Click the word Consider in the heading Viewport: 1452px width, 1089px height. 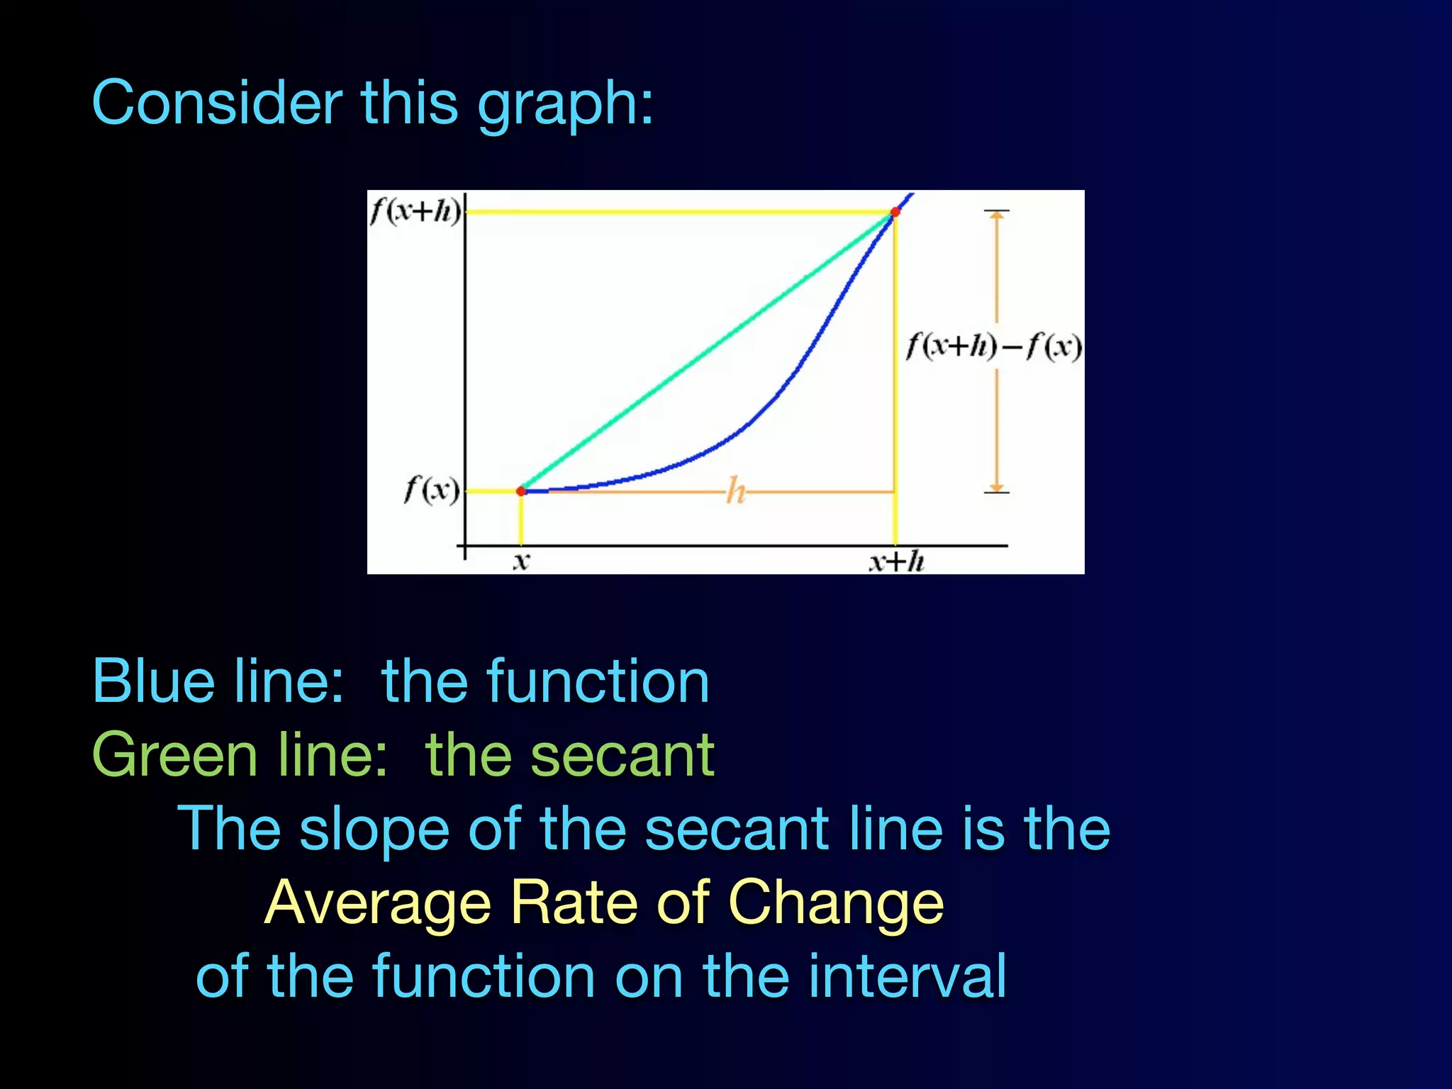click(217, 103)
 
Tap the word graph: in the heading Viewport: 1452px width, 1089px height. click(565, 106)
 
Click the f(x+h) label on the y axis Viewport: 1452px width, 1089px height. click(415, 211)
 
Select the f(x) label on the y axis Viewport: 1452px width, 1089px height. click(431, 490)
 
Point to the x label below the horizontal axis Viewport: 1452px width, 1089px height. click(521, 562)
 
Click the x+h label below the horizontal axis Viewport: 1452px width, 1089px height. click(897, 562)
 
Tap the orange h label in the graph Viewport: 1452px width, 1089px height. click(736, 491)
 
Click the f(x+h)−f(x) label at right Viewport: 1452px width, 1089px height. click(994, 347)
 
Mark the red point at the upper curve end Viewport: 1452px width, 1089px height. click(895, 212)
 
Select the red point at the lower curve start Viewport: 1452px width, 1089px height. click(521, 491)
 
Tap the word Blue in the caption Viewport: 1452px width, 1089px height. click(153, 681)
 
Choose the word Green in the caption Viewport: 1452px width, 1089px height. click(174, 755)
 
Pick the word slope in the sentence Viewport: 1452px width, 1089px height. click(374, 829)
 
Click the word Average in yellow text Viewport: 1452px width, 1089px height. click(378, 903)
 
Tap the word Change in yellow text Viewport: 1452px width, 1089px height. click(836, 904)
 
